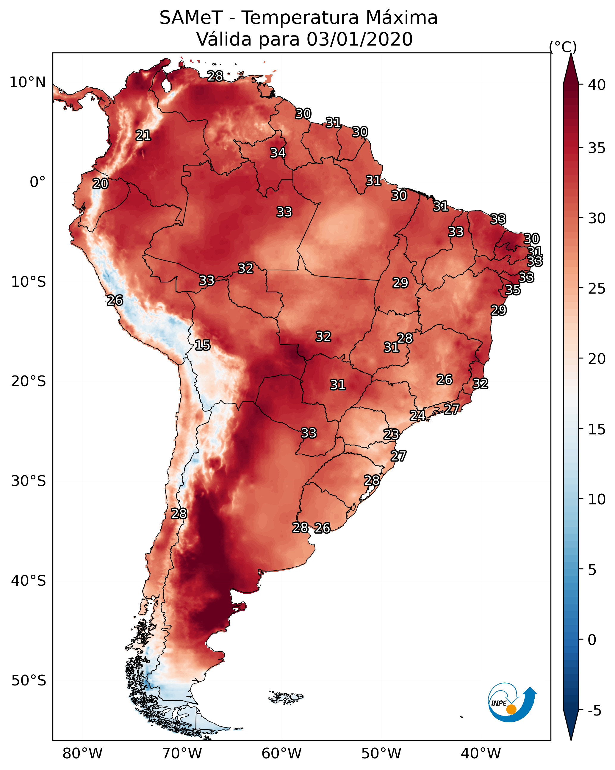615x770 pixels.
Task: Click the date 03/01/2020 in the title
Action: [359, 39]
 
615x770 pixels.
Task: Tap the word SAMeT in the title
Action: [191, 18]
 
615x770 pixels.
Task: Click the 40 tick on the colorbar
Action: [597, 85]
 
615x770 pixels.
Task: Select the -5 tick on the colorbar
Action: [594, 710]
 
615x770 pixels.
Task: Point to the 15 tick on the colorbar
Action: [597, 429]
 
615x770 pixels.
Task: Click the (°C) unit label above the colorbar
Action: [563, 47]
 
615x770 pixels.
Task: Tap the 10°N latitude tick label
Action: [27, 82]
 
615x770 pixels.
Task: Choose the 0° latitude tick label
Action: [37, 182]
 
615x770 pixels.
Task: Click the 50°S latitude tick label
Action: [29, 681]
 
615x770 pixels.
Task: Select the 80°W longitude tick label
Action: [82, 753]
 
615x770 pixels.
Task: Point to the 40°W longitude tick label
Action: [481, 753]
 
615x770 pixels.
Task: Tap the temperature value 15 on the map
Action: [202, 345]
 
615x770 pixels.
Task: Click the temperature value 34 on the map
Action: [278, 153]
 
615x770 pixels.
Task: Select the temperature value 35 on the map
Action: [513, 290]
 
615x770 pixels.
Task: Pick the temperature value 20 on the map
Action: [100, 184]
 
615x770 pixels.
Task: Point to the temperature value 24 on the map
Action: [417, 415]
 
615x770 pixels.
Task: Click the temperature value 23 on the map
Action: [391, 434]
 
